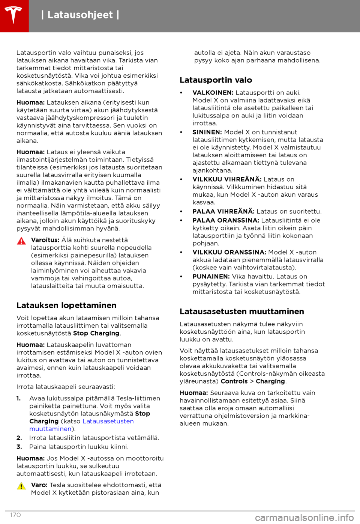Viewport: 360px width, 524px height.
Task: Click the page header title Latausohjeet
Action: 80,15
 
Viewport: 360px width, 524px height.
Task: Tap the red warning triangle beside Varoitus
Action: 21,241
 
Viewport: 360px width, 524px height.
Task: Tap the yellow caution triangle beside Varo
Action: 21,486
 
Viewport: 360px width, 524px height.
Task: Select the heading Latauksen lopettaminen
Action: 66,306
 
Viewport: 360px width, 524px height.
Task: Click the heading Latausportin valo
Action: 216,80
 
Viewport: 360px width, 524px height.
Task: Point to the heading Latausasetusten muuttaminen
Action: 241,312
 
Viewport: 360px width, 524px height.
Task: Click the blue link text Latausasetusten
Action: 108,421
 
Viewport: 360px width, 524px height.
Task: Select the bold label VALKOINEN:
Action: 213,93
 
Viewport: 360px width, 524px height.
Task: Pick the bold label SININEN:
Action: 207,132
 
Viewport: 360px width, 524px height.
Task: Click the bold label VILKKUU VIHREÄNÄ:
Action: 227,179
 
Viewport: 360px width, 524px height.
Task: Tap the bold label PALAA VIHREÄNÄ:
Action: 223,211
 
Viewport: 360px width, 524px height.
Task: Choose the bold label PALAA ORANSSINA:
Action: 226,220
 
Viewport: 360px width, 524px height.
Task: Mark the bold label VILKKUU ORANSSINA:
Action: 229,252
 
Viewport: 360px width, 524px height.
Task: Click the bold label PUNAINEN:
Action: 211,277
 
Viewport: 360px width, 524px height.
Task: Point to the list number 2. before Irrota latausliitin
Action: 19,438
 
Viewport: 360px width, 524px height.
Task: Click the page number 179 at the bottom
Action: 15,515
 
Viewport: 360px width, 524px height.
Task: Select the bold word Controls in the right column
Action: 234,381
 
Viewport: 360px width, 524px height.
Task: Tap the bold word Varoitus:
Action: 45,240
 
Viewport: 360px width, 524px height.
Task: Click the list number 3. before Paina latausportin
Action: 19,447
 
